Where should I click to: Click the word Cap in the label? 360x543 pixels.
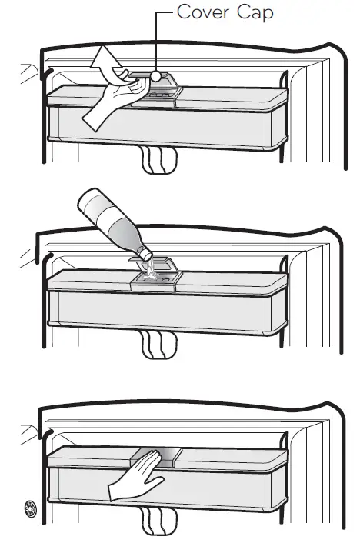[256, 13]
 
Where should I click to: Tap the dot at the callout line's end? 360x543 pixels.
[156, 76]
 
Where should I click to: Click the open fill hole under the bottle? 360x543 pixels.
[153, 273]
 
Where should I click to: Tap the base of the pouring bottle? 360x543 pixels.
[86, 206]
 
